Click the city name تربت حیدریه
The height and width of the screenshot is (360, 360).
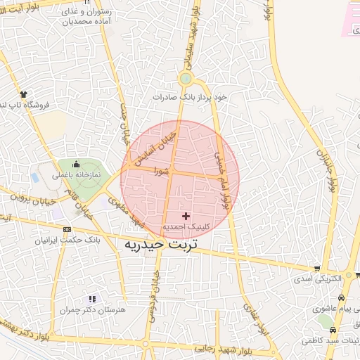[161, 244]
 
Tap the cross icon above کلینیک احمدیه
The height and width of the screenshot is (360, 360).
[186, 215]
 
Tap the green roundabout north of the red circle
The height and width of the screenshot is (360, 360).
[186, 78]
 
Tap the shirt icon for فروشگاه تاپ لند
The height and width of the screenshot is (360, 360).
[23, 94]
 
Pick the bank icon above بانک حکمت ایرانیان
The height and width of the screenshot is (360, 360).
[67, 229]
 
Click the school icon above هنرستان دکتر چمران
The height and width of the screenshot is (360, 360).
[92, 299]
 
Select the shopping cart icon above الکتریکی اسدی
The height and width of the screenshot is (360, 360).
[319, 268]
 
